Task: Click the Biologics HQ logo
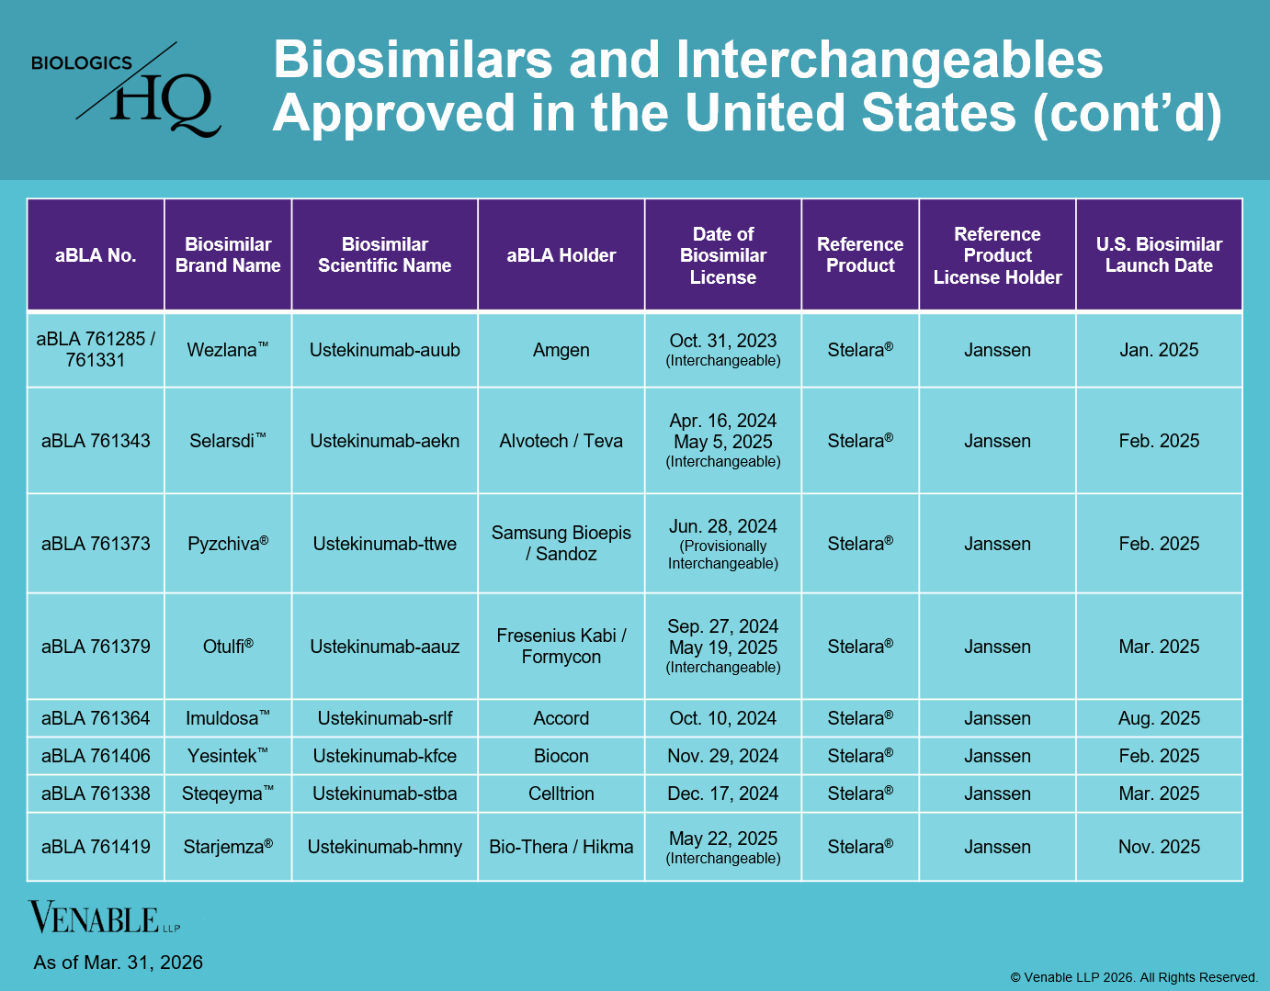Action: tap(126, 90)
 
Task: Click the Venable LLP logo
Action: tap(104, 917)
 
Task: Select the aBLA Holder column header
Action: tap(561, 255)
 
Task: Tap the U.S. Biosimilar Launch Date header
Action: tap(1159, 255)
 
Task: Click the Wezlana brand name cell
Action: tap(227, 350)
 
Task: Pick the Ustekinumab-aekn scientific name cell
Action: tap(384, 441)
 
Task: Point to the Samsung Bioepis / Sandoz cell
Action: tap(561, 543)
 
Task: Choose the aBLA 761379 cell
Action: tap(96, 647)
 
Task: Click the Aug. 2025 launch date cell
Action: tap(1159, 718)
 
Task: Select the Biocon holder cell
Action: tap(561, 756)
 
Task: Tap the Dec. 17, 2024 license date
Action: tap(722, 794)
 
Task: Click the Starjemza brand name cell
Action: tap(227, 847)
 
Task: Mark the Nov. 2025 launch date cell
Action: tap(1159, 847)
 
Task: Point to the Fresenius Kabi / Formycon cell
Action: tap(561, 646)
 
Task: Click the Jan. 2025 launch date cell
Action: tap(1159, 350)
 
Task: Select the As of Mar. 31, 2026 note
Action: tap(119, 963)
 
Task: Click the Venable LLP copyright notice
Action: tap(1134, 977)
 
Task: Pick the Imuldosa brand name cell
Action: tap(227, 718)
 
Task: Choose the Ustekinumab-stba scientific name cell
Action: tap(384, 794)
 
